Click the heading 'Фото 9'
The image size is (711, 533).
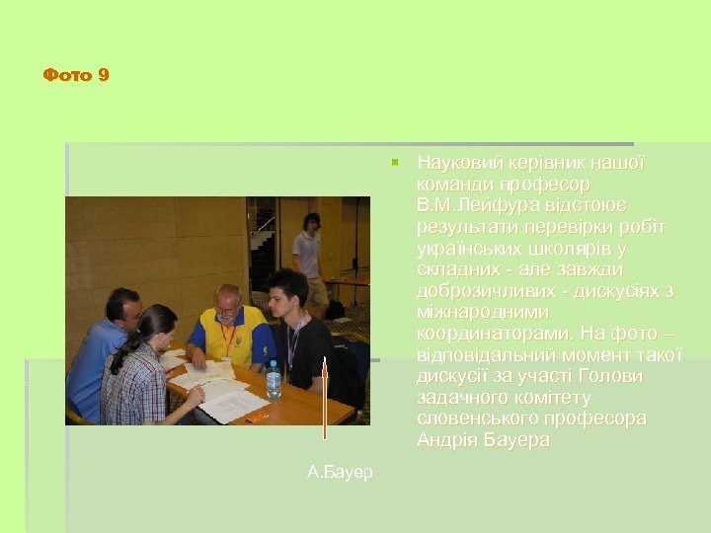76,75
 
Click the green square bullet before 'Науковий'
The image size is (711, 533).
394,161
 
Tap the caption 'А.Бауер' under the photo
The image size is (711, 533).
340,473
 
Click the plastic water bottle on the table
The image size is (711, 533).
274,380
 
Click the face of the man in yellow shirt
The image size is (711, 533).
227,306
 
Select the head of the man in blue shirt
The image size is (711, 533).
124,308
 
